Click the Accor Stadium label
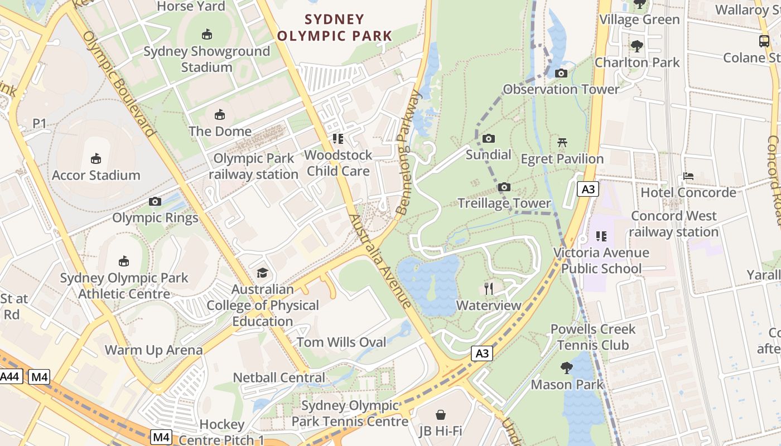click(96, 175)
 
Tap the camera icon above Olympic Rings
click(155, 202)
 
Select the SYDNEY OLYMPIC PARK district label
click(335, 28)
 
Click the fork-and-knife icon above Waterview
click(489, 288)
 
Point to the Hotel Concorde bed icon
click(688, 176)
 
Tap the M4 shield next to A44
click(39, 377)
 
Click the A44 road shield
click(9, 377)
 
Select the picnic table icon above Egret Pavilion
click(562, 143)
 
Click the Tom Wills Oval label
click(341, 342)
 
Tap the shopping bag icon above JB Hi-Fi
click(441, 415)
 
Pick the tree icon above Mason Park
click(567, 368)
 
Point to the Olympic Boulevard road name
click(118, 84)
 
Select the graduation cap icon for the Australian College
click(262, 273)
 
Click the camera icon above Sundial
click(489, 139)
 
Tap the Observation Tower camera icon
click(561, 74)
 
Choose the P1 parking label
click(39, 123)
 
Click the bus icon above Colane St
click(764, 41)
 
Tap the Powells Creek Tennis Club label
click(593, 337)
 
